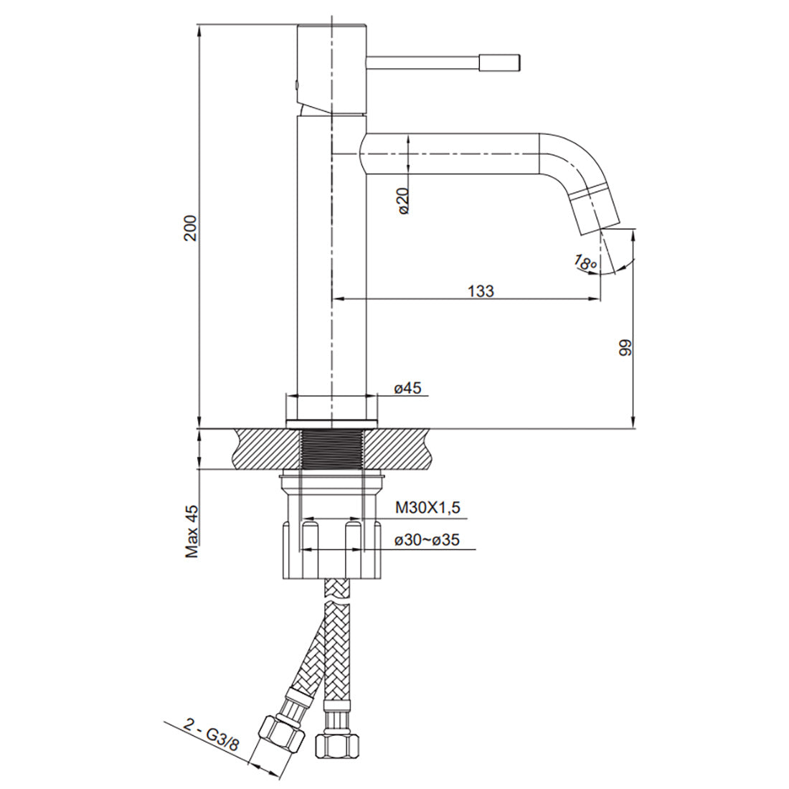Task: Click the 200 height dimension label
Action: (x=192, y=228)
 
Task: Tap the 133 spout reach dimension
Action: (x=481, y=290)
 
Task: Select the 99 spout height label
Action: (x=625, y=348)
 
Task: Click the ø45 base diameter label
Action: (x=408, y=388)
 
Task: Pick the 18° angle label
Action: (x=585, y=263)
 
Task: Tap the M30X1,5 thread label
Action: (x=427, y=508)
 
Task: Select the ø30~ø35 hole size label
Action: (x=427, y=540)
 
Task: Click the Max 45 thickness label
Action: (x=192, y=531)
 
